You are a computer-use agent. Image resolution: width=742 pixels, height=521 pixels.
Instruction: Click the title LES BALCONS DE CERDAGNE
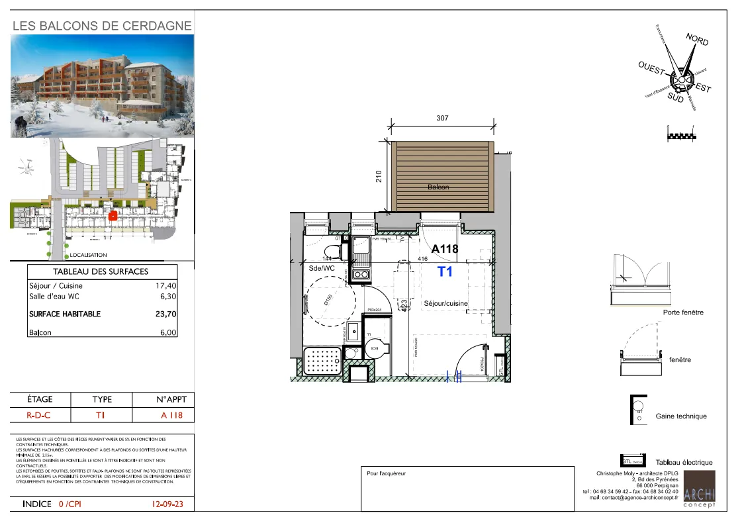tap(103, 26)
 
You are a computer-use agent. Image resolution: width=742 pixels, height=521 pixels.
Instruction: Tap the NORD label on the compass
tap(697, 40)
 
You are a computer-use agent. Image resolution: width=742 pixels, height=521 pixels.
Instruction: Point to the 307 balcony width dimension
tap(443, 118)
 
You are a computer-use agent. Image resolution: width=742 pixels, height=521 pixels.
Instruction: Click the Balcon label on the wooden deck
tap(438, 187)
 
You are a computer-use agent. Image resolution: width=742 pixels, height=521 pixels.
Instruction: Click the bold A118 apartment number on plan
tap(445, 250)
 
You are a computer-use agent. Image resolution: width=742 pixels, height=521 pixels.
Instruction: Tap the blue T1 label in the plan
tap(445, 271)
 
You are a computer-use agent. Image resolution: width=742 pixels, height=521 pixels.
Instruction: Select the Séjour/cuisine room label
tap(445, 303)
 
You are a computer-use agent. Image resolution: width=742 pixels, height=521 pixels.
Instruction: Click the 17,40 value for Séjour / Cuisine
tap(165, 285)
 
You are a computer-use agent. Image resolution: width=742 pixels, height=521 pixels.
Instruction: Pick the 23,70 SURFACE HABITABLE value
tap(165, 314)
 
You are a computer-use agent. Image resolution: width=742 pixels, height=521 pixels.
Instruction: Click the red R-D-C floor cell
tap(39, 416)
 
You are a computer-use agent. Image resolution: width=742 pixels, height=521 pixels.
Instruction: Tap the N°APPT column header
tap(163, 400)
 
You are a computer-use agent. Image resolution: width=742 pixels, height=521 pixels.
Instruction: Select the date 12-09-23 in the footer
tap(167, 504)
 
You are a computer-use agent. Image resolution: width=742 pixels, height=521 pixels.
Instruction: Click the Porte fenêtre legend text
tap(683, 312)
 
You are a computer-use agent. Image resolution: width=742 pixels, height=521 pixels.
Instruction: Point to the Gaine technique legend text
tap(681, 416)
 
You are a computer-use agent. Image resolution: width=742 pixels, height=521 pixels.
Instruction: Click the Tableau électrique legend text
tap(684, 462)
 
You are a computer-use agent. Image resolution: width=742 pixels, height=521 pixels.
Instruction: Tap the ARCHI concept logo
tap(699, 490)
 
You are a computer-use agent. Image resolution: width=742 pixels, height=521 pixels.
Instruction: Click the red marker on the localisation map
tap(113, 216)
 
